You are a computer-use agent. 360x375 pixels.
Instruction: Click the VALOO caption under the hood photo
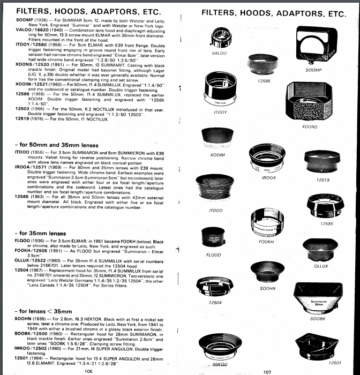tap(219, 54)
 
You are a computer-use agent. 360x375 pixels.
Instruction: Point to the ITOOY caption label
tap(221, 113)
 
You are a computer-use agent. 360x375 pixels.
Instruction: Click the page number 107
tap(268, 370)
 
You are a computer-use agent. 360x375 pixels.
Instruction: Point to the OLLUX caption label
tap(321, 266)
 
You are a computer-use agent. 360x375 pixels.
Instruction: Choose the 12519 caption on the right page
tap(322, 180)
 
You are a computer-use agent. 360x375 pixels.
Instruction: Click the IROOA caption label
tap(269, 177)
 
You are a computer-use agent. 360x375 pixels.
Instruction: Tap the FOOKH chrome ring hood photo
tap(266, 221)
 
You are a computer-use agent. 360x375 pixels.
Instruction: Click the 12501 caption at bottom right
tap(334, 363)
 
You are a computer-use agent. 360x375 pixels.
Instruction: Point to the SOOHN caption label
tap(267, 289)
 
